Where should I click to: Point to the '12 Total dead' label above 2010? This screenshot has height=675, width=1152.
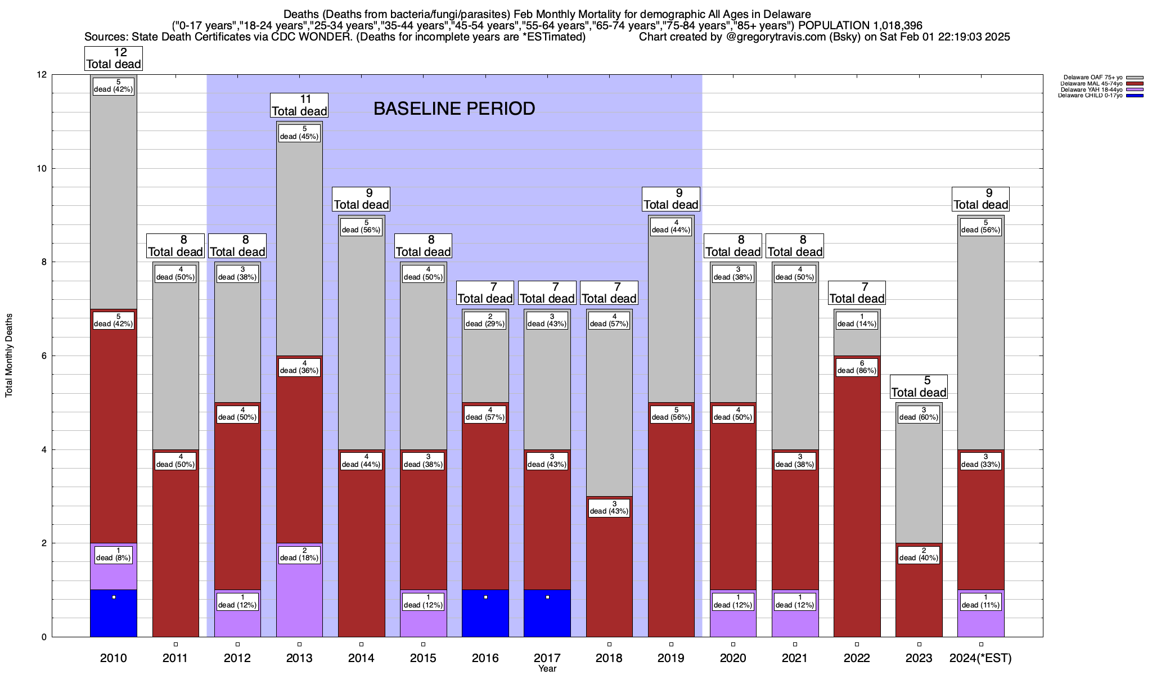114,58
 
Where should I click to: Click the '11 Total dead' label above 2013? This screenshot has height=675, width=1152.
299,105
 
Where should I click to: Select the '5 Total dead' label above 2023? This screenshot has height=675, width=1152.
919,386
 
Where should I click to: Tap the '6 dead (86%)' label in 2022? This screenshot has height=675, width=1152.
857,367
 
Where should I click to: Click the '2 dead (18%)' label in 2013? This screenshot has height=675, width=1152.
299,554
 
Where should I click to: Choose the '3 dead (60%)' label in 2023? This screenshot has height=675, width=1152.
919,413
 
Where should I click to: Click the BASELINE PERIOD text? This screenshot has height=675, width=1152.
454,109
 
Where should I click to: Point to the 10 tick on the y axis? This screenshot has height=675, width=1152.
42,169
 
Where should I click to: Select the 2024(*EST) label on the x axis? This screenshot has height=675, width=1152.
980,658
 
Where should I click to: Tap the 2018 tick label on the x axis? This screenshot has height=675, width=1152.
609,658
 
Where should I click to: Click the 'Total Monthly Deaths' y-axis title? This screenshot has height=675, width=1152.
9,355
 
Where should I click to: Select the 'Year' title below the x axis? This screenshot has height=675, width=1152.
547,669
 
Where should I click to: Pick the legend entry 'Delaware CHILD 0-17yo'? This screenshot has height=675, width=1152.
1090,96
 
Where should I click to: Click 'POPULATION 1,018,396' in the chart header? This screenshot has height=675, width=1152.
860,26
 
